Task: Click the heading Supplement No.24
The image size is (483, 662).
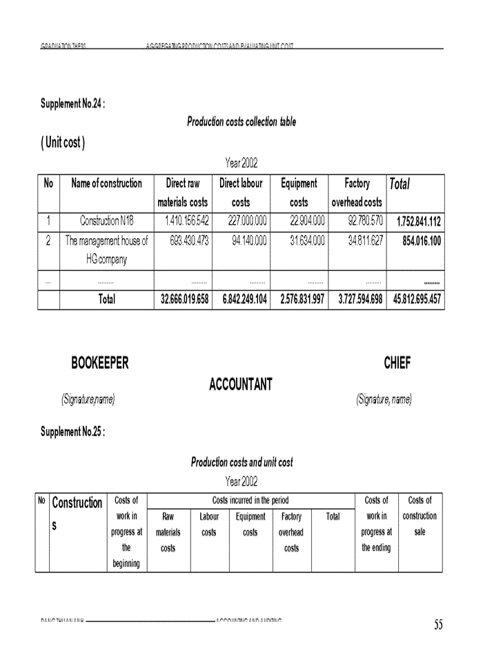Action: pos(72,103)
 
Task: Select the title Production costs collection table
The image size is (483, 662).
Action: pos(241,122)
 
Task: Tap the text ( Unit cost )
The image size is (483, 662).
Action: pos(63,143)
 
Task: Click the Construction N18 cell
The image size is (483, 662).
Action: pos(106,221)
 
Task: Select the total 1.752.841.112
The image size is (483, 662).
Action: pos(418,222)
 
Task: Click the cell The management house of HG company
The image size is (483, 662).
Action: pos(106,250)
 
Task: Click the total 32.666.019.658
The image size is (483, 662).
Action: pos(184,300)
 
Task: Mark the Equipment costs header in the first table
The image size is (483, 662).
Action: pos(299,192)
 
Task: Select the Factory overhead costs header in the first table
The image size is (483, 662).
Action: pos(357,192)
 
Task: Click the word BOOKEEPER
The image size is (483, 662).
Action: pos(100,363)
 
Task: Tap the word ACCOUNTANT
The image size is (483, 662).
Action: pos(241,385)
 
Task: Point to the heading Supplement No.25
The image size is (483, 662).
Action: pos(72,432)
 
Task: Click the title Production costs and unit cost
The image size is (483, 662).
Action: pos(241,462)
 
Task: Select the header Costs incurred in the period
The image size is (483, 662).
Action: pos(250,501)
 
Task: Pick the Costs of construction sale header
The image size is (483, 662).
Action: pos(420,516)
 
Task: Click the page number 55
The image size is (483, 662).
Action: pos(438,625)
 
